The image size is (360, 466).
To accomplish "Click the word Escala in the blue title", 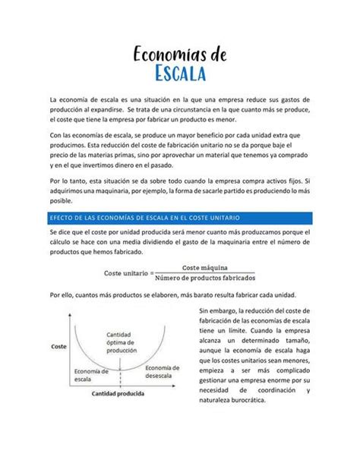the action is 182,74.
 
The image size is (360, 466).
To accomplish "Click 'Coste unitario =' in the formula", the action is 128,273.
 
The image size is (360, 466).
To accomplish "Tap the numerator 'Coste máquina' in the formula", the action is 207,267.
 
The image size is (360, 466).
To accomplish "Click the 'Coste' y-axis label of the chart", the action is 58,346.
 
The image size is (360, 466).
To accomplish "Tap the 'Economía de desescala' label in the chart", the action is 162,372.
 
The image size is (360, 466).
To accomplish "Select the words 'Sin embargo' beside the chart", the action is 218,310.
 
